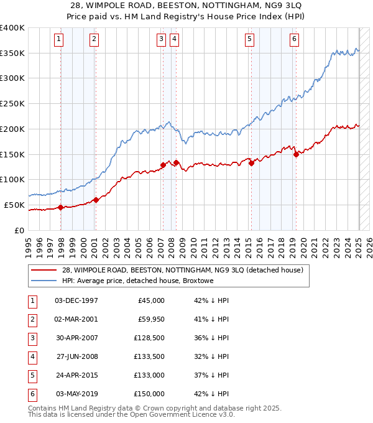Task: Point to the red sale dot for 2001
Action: pos(96,200)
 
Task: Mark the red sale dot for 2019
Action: pos(296,154)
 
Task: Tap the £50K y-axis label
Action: pos(14,205)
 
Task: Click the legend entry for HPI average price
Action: pos(137,281)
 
